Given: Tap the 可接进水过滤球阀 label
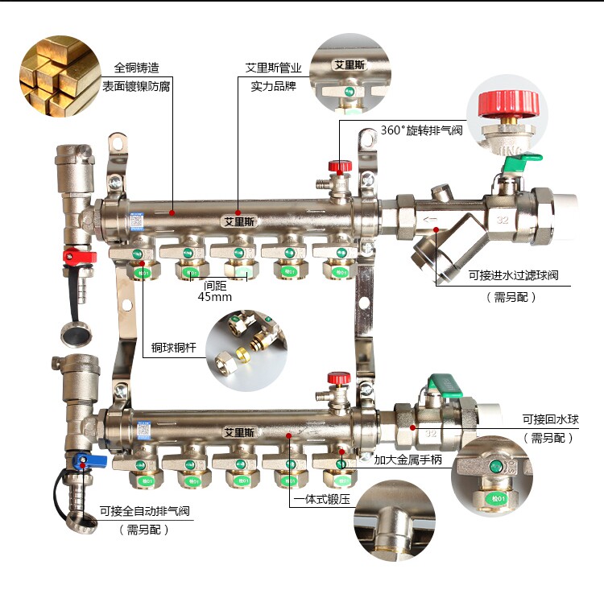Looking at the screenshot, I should coord(513,275).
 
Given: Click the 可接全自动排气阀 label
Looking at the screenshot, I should coord(145,511).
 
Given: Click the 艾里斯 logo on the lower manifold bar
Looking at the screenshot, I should coord(239,431).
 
